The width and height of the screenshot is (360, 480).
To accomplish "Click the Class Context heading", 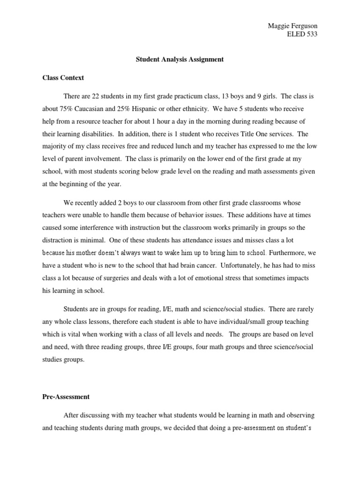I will tap(63, 78).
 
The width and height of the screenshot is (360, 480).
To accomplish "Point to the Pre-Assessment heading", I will tap(66, 397).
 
